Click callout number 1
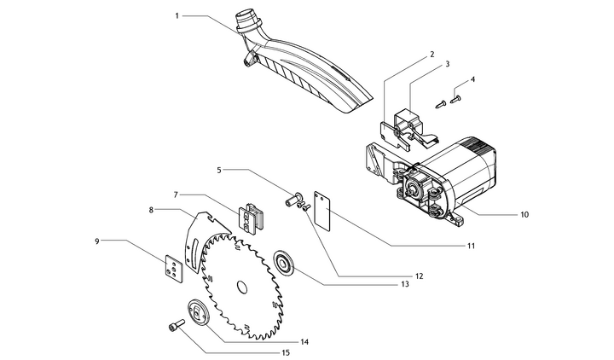[x=177, y=15]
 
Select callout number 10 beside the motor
[x=524, y=215]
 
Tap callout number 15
[x=286, y=352]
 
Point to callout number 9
[x=97, y=241]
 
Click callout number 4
[x=472, y=78]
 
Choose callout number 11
[x=470, y=247]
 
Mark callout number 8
[x=151, y=210]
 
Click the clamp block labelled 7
[x=252, y=216]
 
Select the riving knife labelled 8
[x=197, y=243]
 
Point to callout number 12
[x=419, y=276]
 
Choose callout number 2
[x=432, y=53]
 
